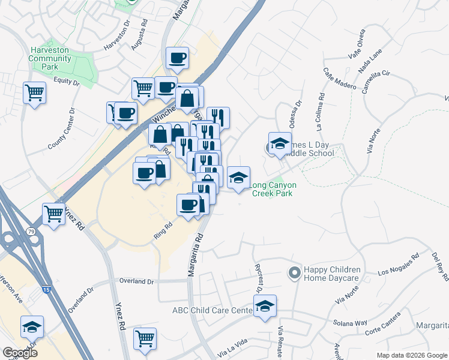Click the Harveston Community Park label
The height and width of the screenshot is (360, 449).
[x=50, y=59]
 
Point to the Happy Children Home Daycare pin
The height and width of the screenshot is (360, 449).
[x=294, y=273]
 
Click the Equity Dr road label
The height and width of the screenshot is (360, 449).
[x=66, y=80]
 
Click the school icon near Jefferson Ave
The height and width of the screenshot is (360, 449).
[x=32, y=327]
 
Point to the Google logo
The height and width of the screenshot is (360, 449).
[x=20, y=353]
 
